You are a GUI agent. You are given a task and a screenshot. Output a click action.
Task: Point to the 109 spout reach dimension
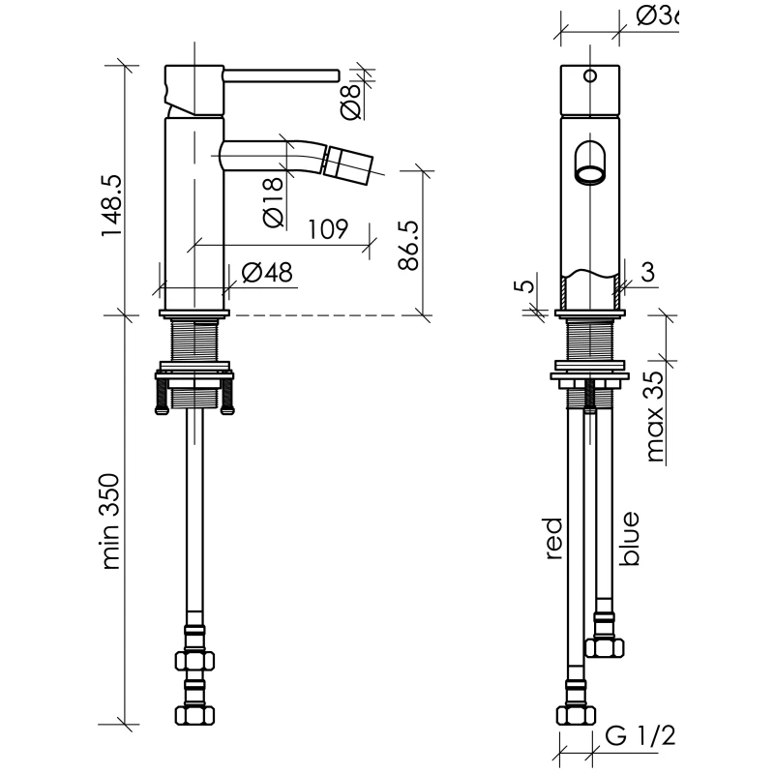pos(328,230)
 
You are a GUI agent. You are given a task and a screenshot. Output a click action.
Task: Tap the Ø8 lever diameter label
pos(351,96)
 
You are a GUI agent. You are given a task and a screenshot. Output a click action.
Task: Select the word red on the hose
pos(554,538)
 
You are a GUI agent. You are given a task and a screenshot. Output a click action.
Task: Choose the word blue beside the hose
pos(630,539)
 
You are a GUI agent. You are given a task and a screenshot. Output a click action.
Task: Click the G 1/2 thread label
pos(640,736)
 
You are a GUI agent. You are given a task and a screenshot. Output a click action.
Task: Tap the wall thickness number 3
pos(648,272)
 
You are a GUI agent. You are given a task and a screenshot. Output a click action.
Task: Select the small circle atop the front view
pos(590,74)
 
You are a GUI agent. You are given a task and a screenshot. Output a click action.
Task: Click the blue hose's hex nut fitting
pos(603,645)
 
